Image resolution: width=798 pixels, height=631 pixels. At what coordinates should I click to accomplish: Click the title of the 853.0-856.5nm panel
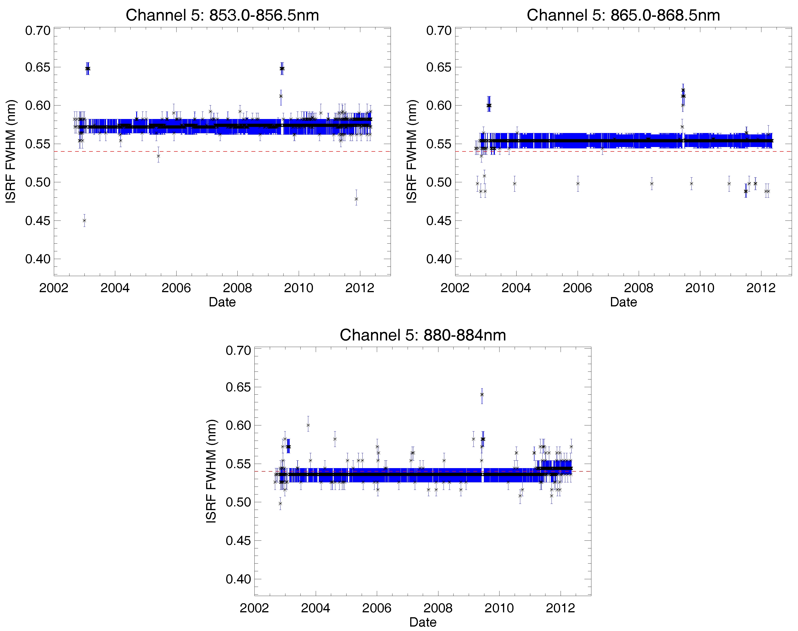coord(222,15)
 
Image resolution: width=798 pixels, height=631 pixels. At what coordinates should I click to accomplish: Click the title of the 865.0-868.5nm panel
coord(623,15)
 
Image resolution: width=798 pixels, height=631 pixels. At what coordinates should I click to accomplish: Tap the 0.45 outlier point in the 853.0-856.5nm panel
coord(84,221)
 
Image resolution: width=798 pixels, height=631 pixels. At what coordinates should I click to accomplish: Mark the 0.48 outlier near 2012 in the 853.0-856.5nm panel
coord(356,199)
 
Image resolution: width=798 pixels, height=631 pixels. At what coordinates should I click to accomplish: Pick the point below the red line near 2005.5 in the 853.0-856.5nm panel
coord(158,156)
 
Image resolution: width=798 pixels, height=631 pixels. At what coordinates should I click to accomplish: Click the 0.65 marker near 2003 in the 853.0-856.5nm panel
coord(87,68)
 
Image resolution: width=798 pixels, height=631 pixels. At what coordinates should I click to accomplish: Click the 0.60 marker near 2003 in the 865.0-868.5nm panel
coord(489,105)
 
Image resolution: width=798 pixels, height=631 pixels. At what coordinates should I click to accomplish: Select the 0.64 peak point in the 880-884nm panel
coord(482,395)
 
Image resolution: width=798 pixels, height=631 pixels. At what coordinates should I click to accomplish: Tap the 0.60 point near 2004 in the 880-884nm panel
coord(308,425)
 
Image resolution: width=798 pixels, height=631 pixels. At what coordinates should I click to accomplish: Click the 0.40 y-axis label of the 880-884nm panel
coord(238,579)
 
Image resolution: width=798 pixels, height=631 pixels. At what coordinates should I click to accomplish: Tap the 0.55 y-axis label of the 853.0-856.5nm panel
coord(38,144)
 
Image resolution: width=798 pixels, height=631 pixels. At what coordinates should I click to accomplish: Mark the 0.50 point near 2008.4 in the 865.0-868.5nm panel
coord(652,184)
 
